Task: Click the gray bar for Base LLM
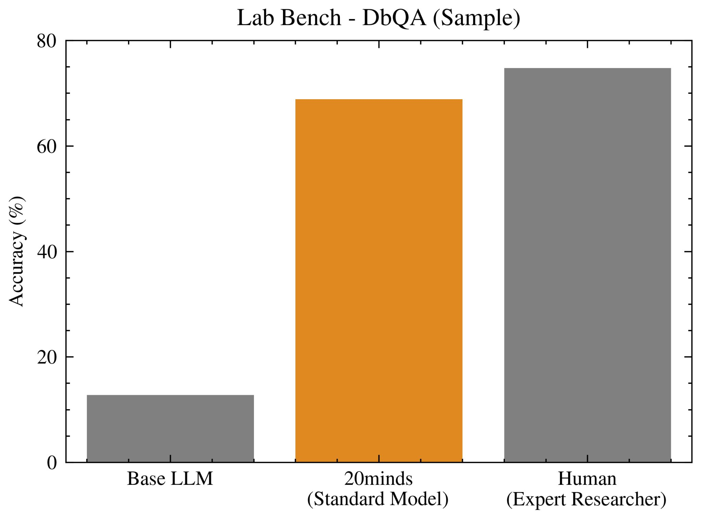pos(170,428)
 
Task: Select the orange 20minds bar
pos(379,281)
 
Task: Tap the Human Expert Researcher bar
pos(587,265)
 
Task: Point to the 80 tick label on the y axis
pos(47,41)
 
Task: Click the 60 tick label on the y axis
pos(47,147)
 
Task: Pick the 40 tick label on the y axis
pos(47,252)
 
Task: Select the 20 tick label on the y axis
pos(47,358)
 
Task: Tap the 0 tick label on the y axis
pos(52,463)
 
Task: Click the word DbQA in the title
pos(394,18)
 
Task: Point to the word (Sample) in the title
pos(476,18)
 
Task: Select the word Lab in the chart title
pos(255,18)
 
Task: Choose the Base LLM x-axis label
pos(170,479)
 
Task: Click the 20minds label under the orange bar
pos(378,479)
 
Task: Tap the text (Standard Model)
pos(378,499)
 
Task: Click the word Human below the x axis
pos(587,479)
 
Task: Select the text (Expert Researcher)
pos(586,499)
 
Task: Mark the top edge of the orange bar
pos(379,100)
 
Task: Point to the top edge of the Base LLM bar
pos(170,395)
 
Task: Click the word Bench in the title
pos(311,18)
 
